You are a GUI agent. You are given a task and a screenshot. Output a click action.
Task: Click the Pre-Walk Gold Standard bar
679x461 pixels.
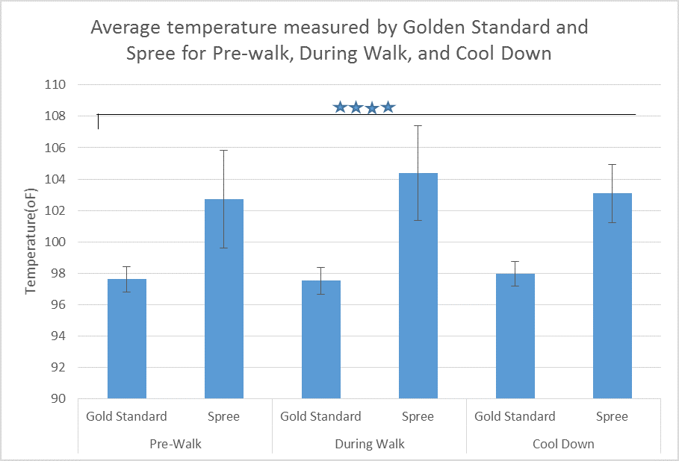(x=127, y=339)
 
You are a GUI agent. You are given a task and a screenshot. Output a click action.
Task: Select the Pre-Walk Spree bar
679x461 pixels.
(x=224, y=298)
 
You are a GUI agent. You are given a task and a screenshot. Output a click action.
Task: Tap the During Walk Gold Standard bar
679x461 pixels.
(x=321, y=339)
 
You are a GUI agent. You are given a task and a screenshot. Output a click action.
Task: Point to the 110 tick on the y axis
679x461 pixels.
(x=57, y=85)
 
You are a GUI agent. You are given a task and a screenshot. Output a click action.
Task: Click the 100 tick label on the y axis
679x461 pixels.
(x=57, y=242)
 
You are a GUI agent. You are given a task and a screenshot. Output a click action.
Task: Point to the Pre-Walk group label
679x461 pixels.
(x=176, y=444)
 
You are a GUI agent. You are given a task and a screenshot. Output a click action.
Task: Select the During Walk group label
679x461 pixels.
(x=370, y=444)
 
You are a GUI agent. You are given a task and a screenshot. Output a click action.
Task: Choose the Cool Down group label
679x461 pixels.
(x=563, y=444)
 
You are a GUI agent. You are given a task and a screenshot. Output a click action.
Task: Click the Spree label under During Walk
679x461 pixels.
(x=418, y=416)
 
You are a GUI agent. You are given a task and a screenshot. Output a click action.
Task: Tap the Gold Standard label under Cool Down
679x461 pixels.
(x=515, y=416)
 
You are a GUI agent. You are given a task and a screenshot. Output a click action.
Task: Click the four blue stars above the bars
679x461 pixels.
(x=364, y=107)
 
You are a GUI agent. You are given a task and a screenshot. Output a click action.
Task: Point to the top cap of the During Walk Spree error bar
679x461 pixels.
(x=418, y=125)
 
